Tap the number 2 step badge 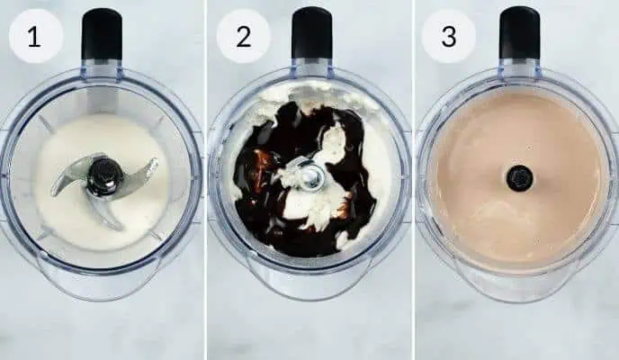point(243,36)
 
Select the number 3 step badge point(449,36)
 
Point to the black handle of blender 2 point(311,32)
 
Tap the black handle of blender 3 point(519,32)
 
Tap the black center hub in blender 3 point(519,177)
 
